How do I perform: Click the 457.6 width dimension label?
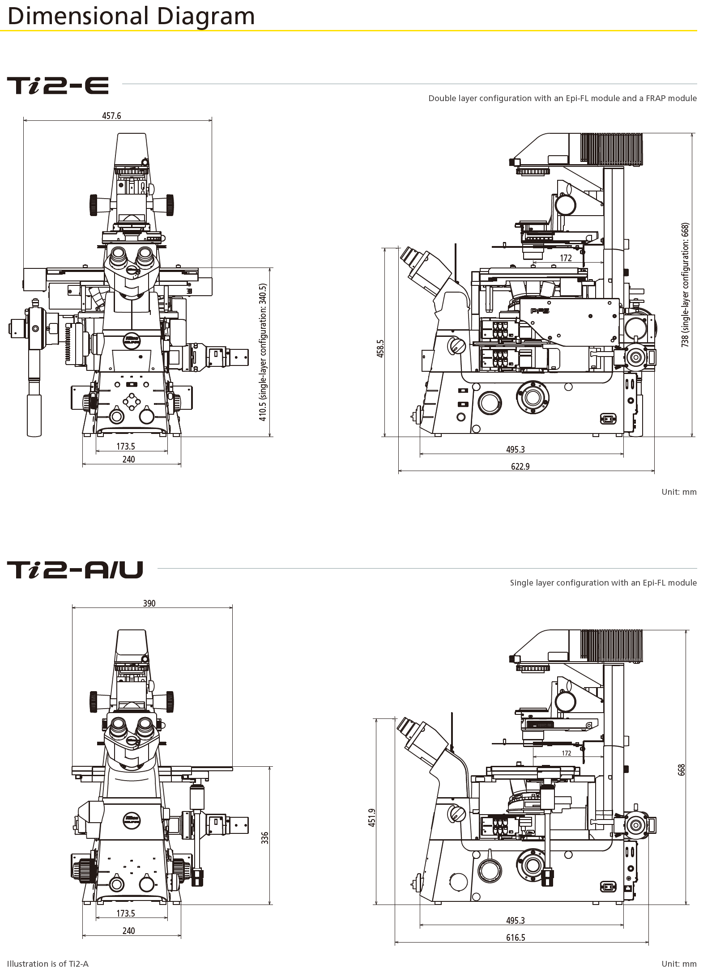(111, 116)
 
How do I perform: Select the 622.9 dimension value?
(520, 467)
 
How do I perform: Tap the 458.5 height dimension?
(380, 348)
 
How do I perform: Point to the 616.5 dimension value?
(516, 938)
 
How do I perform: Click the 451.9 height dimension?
(372, 817)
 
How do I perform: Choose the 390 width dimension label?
(149, 603)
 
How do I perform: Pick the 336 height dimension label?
(265, 838)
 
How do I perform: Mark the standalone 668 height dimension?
(681, 769)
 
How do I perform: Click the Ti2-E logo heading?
(58, 85)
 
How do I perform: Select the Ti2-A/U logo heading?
(75, 570)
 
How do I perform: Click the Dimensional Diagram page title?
(131, 16)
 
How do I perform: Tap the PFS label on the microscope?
(540, 311)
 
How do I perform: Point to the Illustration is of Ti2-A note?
(48, 964)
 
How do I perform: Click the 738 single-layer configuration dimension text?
(685, 285)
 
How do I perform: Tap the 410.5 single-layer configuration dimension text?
(263, 352)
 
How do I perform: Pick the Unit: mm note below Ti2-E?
(679, 492)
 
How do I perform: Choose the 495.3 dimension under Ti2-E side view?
(516, 450)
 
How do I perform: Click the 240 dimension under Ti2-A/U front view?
(128, 931)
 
